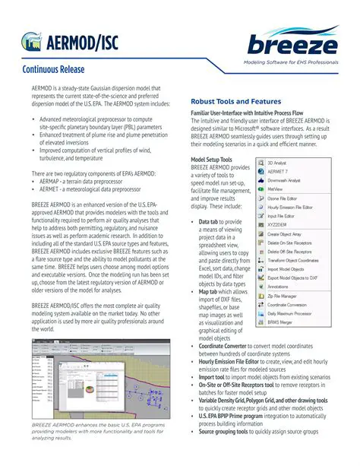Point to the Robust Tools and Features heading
(235, 101)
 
